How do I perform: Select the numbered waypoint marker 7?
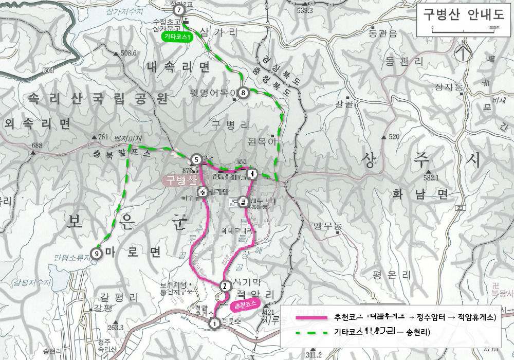click(178, 10)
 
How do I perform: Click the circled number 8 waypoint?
click(243, 93)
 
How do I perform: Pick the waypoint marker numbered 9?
click(96, 253)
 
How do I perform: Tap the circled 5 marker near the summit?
click(196, 159)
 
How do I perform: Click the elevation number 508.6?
click(128, 53)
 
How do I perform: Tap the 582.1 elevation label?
click(430, 178)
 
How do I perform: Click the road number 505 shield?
click(48, 70)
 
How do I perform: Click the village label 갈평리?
click(120, 297)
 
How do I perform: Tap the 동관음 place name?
click(383, 34)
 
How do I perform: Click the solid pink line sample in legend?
click(311, 317)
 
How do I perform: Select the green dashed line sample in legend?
click(311, 332)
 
